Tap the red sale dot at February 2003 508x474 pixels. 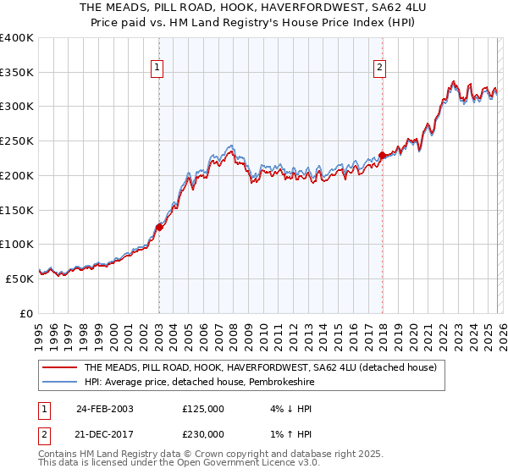click(159, 226)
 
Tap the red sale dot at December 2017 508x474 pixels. click(382, 155)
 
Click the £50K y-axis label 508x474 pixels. click(19, 278)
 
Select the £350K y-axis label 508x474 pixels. click(17, 73)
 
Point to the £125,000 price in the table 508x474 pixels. click(203, 408)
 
